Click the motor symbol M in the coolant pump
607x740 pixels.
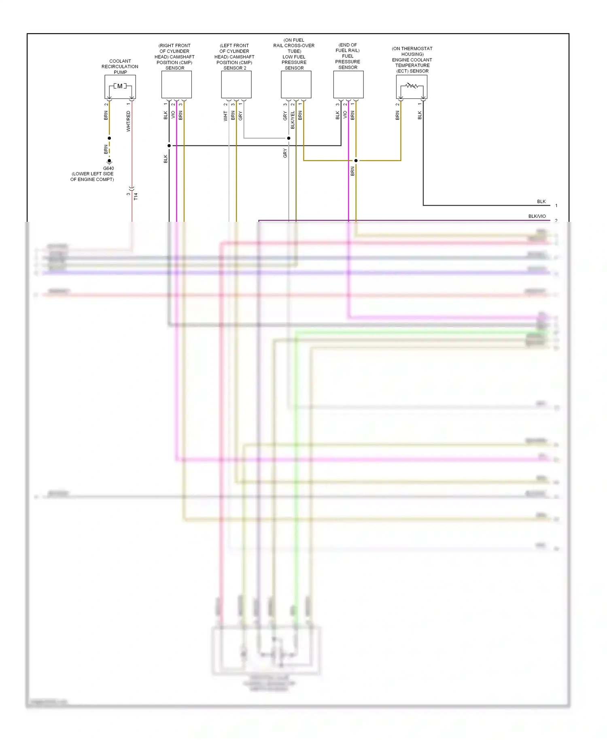(120, 86)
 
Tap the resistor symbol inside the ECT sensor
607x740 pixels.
(412, 86)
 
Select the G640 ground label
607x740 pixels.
(108, 168)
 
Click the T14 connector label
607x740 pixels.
(136, 196)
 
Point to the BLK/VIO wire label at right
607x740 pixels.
(537, 216)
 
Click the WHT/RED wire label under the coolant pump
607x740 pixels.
(128, 121)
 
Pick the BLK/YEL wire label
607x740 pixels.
(293, 120)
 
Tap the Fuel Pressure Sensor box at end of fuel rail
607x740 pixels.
(348, 85)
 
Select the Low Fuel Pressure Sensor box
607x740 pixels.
(296, 85)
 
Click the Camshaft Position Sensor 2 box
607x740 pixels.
(236, 85)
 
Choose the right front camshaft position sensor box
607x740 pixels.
(176, 85)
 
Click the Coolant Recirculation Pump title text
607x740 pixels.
(120, 67)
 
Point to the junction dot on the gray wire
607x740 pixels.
(289, 138)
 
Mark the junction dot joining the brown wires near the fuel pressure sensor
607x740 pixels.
(356, 161)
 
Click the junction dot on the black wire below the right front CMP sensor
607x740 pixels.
(169, 146)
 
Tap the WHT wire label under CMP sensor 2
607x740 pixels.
(225, 117)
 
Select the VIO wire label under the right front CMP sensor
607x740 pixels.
(173, 115)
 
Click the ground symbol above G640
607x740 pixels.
(109, 161)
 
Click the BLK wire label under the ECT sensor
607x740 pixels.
(420, 115)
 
